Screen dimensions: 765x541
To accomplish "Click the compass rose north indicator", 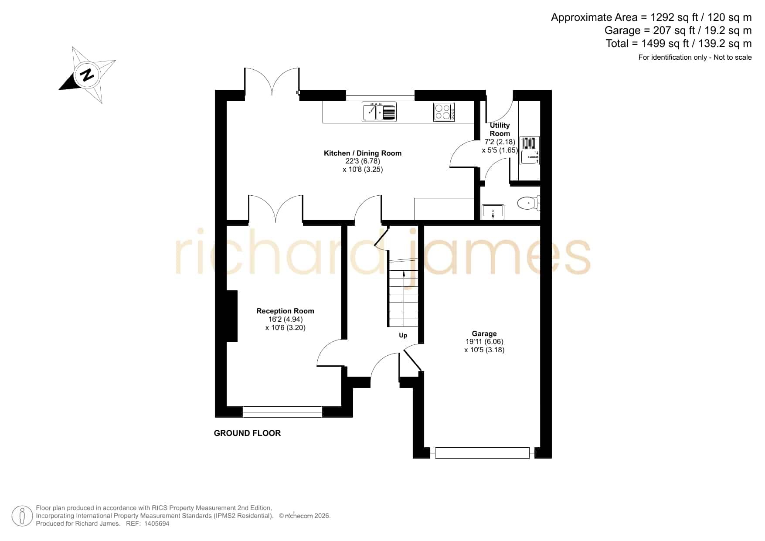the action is point(87,75).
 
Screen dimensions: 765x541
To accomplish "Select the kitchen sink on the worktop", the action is point(379,112).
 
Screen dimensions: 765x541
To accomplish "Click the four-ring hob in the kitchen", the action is point(444,112).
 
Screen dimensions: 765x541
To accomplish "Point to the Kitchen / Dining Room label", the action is point(363,153).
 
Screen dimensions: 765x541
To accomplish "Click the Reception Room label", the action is point(285,311).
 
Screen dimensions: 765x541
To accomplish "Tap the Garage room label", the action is point(484,333).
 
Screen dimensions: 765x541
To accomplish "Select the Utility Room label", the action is point(500,129).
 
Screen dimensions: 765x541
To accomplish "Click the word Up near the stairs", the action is point(403,335).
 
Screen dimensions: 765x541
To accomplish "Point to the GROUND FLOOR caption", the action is point(247,433).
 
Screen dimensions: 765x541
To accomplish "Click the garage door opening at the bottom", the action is point(482,453).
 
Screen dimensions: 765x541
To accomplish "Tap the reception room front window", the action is point(282,412).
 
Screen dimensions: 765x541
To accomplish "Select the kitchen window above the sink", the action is point(380,95).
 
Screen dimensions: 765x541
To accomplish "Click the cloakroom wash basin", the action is point(493,211).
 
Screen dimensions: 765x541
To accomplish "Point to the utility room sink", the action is point(530,150).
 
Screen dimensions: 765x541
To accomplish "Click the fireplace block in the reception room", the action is point(232,316).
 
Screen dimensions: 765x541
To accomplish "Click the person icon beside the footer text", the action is point(22,516).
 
